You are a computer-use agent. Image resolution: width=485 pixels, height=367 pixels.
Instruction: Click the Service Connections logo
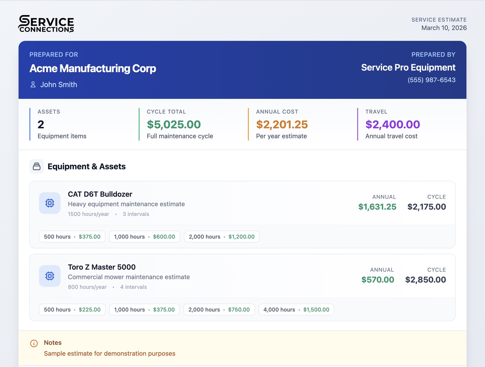pyautogui.click(x=46, y=24)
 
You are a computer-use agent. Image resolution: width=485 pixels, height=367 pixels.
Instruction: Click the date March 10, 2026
pyautogui.click(x=444, y=28)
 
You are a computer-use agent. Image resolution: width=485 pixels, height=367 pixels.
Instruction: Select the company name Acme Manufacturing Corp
pyautogui.click(x=93, y=68)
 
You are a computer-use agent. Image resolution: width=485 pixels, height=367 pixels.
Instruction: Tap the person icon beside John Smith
pyautogui.click(x=33, y=85)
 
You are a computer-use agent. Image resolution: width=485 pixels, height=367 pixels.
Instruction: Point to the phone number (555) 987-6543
pyautogui.click(x=431, y=80)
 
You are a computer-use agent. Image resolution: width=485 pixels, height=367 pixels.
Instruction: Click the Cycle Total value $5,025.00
pyautogui.click(x=174, y=124)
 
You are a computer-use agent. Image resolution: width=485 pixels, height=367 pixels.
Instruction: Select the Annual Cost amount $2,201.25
pyautogui.click(x=282, y=124)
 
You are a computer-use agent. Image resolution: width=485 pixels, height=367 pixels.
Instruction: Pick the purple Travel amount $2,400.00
pyautogui.click(x=393, y=124)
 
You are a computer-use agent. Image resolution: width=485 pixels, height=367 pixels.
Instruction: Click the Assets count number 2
pyautogui.click(x=41, y=124)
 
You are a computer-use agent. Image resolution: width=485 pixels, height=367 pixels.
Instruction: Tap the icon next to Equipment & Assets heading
pyautogui.click(x=37, y=167)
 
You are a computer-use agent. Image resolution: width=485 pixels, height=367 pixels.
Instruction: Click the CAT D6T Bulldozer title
pyautogui.click(x=100, y=194)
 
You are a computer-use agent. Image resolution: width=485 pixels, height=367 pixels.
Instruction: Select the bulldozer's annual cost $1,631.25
pyautogui.click(x=377, y=207)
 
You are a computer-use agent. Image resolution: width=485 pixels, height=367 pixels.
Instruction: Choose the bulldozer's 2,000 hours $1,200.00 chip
pyautogui.click(x=222, y=237)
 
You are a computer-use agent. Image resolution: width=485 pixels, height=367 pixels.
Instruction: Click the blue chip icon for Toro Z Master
pyautogui.click(x=50, y=276)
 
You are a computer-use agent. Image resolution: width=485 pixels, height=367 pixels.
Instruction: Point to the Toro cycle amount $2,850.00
pyautogui.click(x=425, y=280)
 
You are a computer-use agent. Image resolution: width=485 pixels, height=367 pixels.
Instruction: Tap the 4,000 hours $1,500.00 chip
pyautogui.click(x=296, y=310)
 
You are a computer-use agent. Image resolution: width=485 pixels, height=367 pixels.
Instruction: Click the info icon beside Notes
pyautogui.click(x=34, y=343)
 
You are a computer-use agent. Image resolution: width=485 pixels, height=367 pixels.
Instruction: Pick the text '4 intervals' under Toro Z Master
pyautogui.click(x=134, y=287)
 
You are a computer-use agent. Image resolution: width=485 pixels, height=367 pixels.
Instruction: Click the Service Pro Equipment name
pyautogui.click(x=408, y=68)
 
